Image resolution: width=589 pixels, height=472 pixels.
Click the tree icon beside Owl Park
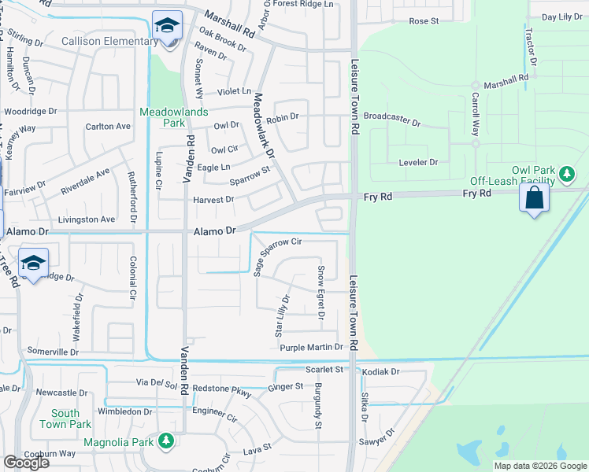coord(565,171)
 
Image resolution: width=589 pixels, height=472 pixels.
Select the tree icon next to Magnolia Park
coord(165,442)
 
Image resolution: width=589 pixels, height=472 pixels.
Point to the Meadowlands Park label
coord(174,117)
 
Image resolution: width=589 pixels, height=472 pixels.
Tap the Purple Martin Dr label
coord(312,347)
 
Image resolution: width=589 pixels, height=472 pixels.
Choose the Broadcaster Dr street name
coord(392,119)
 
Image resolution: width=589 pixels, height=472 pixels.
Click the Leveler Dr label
coord(417,162)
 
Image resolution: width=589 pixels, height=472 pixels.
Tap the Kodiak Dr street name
coord(382,371)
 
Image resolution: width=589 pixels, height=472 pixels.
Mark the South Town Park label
coord(65,419)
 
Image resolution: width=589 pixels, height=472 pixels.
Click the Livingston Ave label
coord(87,219)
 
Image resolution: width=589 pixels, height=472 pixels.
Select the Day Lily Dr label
coord(561,17)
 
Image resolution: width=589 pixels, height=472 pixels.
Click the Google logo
coord(26,463)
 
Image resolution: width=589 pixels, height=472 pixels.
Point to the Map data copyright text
coord(539,466)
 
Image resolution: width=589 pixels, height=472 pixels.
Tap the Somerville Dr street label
coord(54,350)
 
